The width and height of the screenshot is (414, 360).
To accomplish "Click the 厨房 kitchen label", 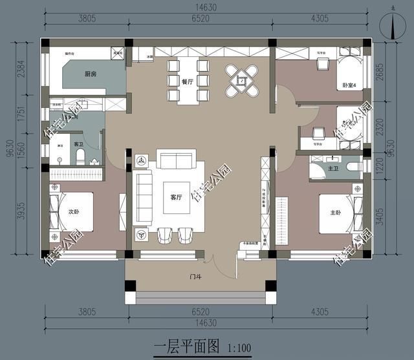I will pos(91,75).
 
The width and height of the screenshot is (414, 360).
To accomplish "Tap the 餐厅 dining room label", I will pos(188,81).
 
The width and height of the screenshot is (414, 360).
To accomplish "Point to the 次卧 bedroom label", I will pos(74,211).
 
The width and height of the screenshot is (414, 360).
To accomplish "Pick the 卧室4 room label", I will pos(349,85).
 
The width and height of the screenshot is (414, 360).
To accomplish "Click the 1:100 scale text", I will pos(239,348).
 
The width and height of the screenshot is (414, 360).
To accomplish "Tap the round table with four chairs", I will pos(241,81).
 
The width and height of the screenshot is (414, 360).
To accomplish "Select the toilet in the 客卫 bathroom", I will pos(80,157).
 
